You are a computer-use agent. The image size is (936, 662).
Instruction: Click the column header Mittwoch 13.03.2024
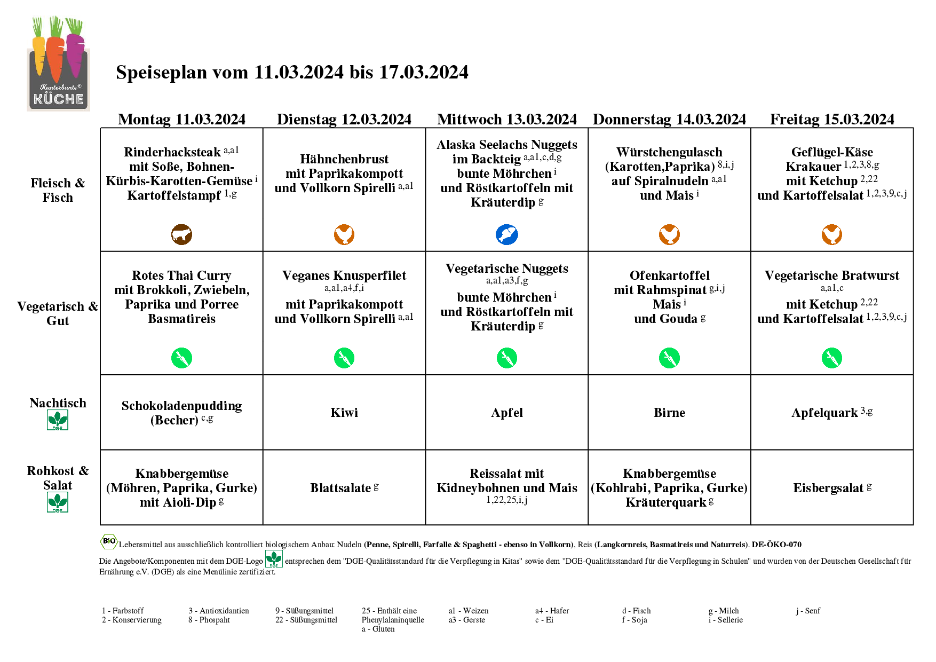506,119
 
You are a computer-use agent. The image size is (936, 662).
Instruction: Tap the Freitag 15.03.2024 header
831,119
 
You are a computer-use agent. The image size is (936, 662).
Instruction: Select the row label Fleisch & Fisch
58,190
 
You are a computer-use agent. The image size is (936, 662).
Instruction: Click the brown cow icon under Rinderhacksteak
181,234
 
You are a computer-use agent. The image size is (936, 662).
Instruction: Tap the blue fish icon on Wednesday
506,234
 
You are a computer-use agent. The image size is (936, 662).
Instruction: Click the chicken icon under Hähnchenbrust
344,234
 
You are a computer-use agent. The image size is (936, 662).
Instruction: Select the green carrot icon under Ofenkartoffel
669,358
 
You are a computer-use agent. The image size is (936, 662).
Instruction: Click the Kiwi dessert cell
344,413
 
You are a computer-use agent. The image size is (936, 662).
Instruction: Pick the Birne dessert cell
669,413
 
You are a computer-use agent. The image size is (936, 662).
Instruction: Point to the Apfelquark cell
831,413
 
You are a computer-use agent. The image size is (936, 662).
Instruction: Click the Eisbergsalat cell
831,488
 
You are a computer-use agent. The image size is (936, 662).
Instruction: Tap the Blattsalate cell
344,488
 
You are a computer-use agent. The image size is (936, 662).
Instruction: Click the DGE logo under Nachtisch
58,420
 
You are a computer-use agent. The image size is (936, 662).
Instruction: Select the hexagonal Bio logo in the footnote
109,542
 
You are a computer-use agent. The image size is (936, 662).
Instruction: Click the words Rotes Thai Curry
181,275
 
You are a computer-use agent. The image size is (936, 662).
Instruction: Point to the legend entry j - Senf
808,611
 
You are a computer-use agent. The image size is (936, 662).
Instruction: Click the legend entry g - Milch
724,611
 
